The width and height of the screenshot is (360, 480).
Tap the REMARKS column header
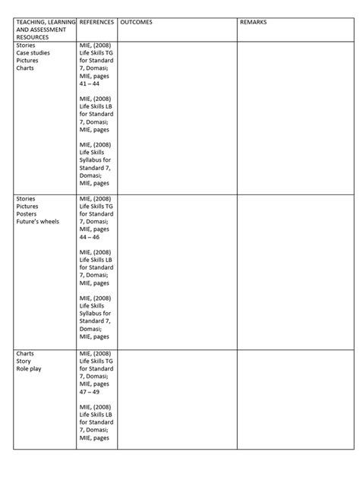point(253,22)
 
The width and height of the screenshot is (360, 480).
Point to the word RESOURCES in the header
point(32,37)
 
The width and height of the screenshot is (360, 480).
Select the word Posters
point(27,213)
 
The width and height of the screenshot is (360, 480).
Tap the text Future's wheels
point(37,221)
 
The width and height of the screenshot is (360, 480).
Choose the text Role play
point(29,368)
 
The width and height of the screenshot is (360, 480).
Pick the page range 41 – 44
point(90,84)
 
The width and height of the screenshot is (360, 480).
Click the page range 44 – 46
point(90,237)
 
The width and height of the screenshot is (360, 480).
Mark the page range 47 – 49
point(90,391)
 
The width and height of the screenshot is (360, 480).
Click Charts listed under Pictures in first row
point(25,68)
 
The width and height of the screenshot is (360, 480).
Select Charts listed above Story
point(25,353)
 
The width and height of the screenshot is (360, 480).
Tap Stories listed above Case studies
point(26,46)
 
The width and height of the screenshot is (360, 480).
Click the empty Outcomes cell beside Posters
point(176,269)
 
